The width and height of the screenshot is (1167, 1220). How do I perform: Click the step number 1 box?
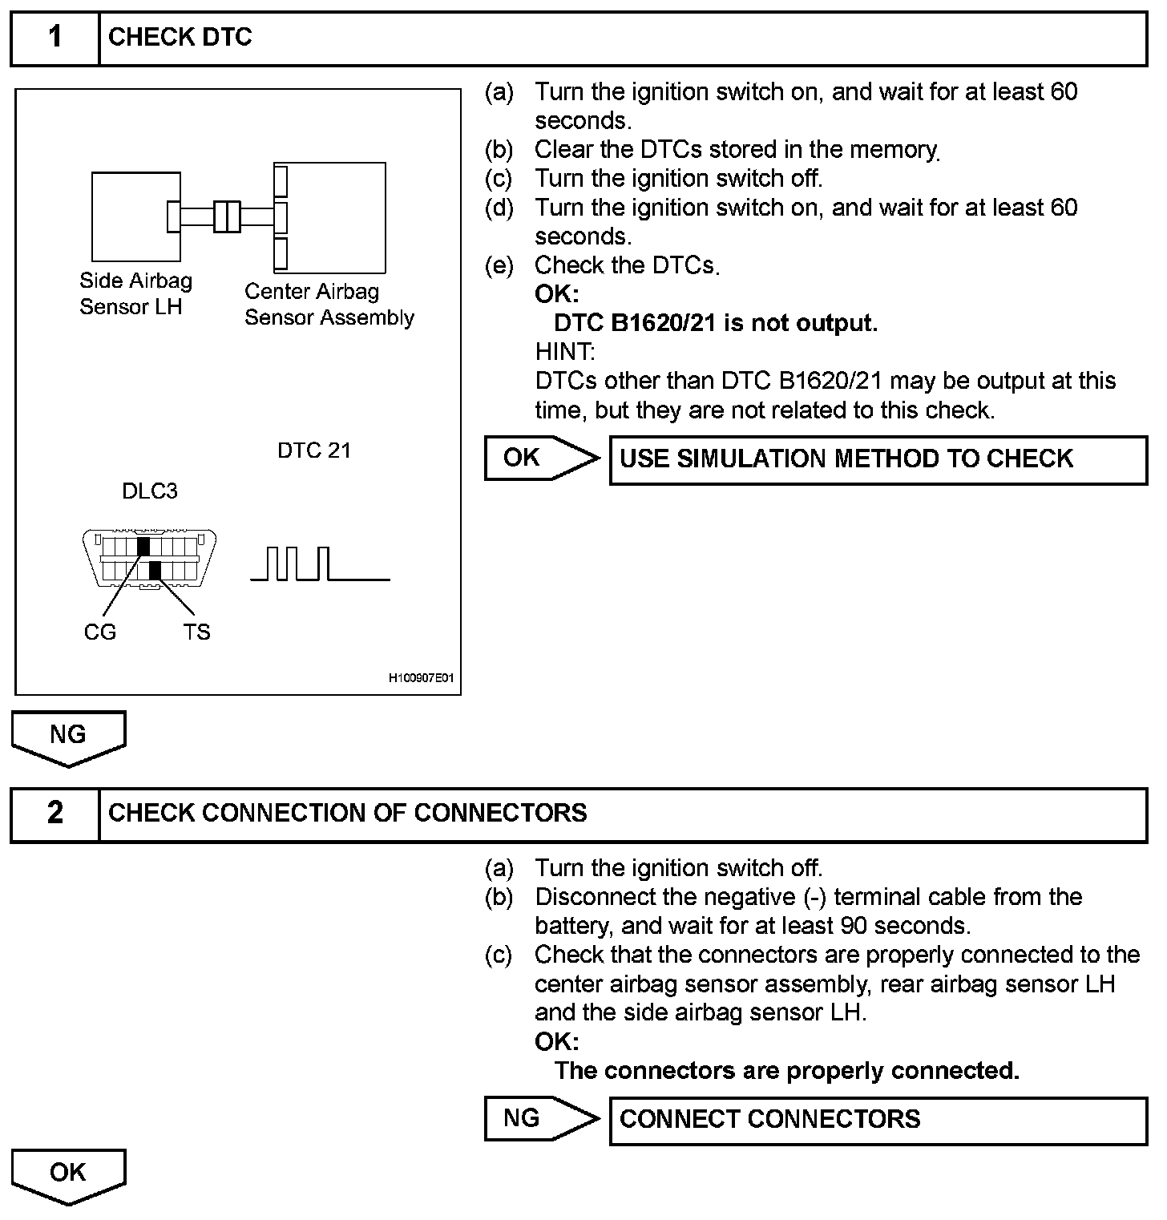pos(55,38)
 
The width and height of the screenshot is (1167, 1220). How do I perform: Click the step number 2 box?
pos(55,814)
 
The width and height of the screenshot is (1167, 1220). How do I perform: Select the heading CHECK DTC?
pos(180,38)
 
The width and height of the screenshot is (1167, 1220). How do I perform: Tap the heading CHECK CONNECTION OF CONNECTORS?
pos(347,814)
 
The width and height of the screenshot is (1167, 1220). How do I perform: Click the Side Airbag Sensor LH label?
pos(135,293)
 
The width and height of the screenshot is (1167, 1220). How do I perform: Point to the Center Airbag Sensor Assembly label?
pos(329,305)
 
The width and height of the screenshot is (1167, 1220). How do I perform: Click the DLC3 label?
pos(150,491)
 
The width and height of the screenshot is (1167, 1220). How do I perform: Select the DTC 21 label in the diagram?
pos(314,450)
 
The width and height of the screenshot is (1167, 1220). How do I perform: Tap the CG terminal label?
pos(99,632)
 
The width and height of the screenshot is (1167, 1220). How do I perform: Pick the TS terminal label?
pos(196,632)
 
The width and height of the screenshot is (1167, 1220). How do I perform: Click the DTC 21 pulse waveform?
pos(320,564)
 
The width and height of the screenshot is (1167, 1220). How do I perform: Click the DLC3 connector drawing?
pos(150,559)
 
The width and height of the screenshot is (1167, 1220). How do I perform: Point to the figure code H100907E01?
pos(422,678)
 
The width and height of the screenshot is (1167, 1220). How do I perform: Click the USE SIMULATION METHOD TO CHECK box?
pos(878,459)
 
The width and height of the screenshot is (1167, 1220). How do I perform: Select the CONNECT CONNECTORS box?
pos(878,1120)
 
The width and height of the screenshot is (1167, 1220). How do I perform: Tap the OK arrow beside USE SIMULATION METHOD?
pos(541,459)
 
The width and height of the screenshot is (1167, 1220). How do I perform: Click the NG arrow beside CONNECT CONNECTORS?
pos(541,1119)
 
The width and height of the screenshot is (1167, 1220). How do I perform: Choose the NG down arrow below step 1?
pos(68,737)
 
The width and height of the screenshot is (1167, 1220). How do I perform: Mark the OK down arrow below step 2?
pos(68,1175)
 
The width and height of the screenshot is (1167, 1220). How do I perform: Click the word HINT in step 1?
pos(565,351)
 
